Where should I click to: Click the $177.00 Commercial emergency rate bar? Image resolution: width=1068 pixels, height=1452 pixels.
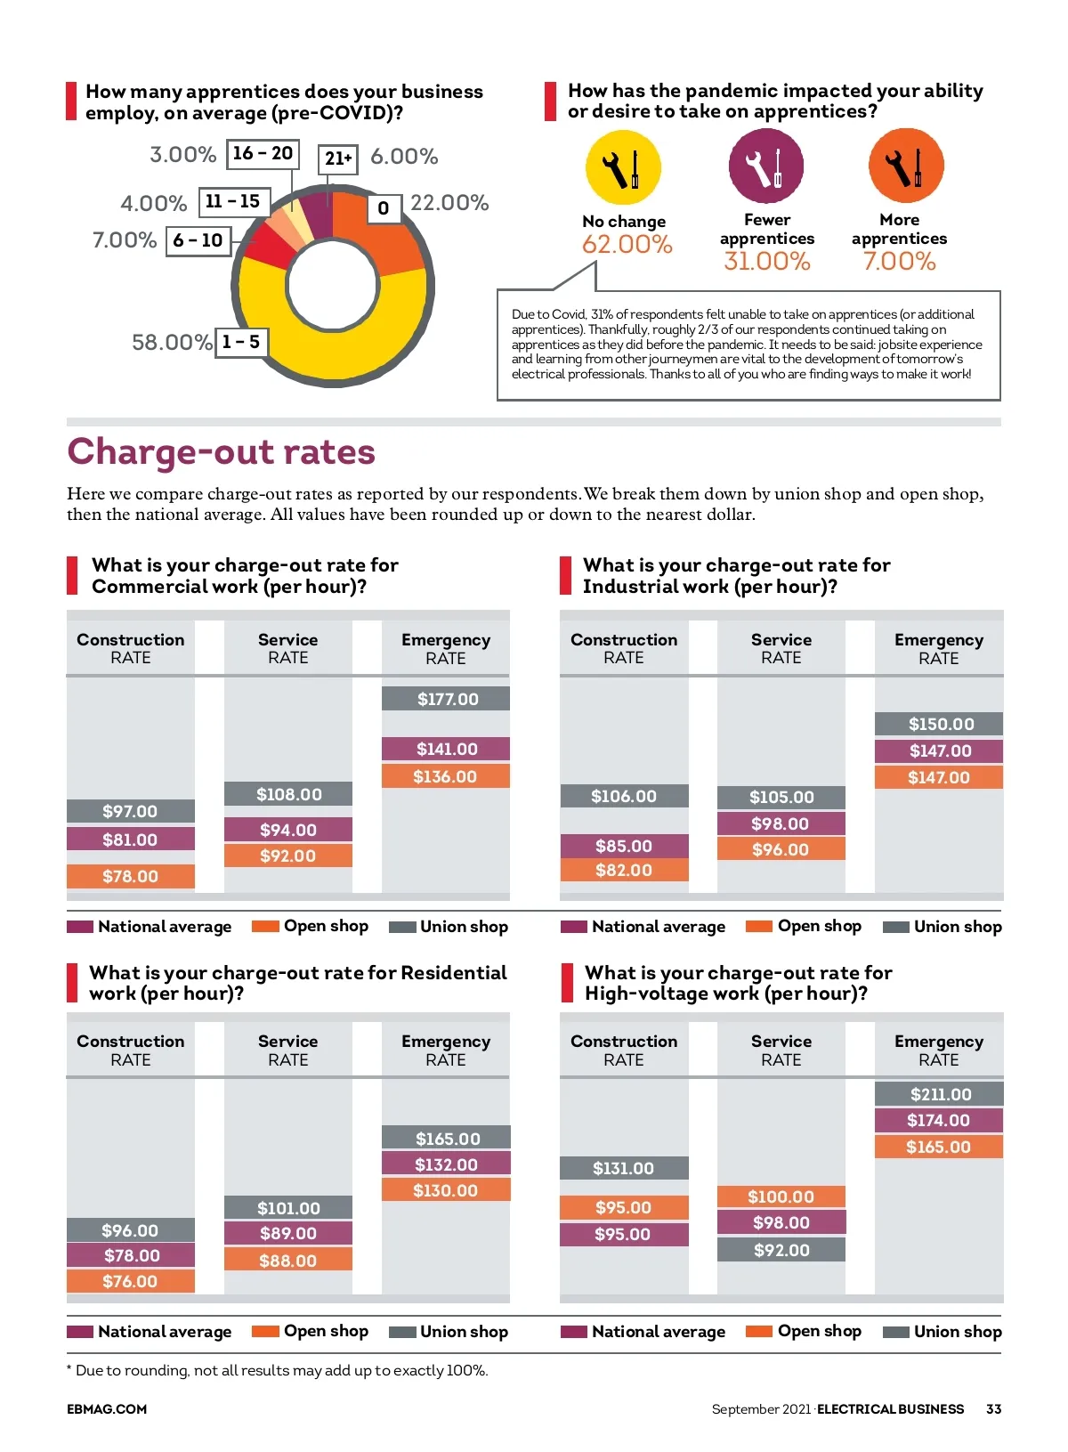click(446, 699)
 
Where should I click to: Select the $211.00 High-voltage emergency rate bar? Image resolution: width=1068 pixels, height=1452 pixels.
click(939, 1094)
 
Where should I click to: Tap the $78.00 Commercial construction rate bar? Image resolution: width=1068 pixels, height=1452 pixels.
click(130, 876)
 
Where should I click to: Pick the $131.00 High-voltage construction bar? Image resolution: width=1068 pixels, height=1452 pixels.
click(624, 1168)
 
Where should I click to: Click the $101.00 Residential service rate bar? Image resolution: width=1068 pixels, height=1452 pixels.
click(288, 1208)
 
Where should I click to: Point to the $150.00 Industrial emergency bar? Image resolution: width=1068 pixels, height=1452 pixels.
click(939, 724)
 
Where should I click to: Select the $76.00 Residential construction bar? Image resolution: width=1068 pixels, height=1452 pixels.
click(130, 1281)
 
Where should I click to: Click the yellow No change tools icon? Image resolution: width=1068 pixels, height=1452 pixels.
click(623, 167)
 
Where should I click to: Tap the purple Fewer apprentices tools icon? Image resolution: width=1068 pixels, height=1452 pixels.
click(766, 166)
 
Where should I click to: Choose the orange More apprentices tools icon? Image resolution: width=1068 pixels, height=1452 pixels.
click(906, 166)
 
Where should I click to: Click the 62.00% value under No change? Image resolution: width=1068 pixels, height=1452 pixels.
click(627, 245)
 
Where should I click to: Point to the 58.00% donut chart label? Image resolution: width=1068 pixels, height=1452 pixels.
click(172, 343)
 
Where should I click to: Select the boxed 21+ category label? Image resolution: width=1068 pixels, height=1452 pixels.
click(338, 158)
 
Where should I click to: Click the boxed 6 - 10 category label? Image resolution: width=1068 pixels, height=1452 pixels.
click(198, 240)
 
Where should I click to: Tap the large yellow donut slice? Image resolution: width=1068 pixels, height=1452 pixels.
click(320, 343)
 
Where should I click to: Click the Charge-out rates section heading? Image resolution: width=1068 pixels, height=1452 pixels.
click(222, 452)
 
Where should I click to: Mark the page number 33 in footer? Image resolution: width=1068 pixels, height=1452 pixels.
click(993, 1409)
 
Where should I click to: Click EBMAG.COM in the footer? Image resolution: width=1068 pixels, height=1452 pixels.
click(107, 1409)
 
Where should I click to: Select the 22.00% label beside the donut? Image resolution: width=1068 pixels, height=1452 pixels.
click(449, 203)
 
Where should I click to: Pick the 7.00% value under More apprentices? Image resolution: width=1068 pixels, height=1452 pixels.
click(899, 262)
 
